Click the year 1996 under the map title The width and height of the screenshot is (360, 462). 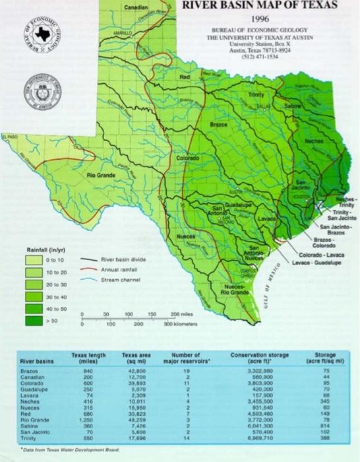click(259, 19)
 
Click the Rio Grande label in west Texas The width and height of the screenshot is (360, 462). click(101, 176)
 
